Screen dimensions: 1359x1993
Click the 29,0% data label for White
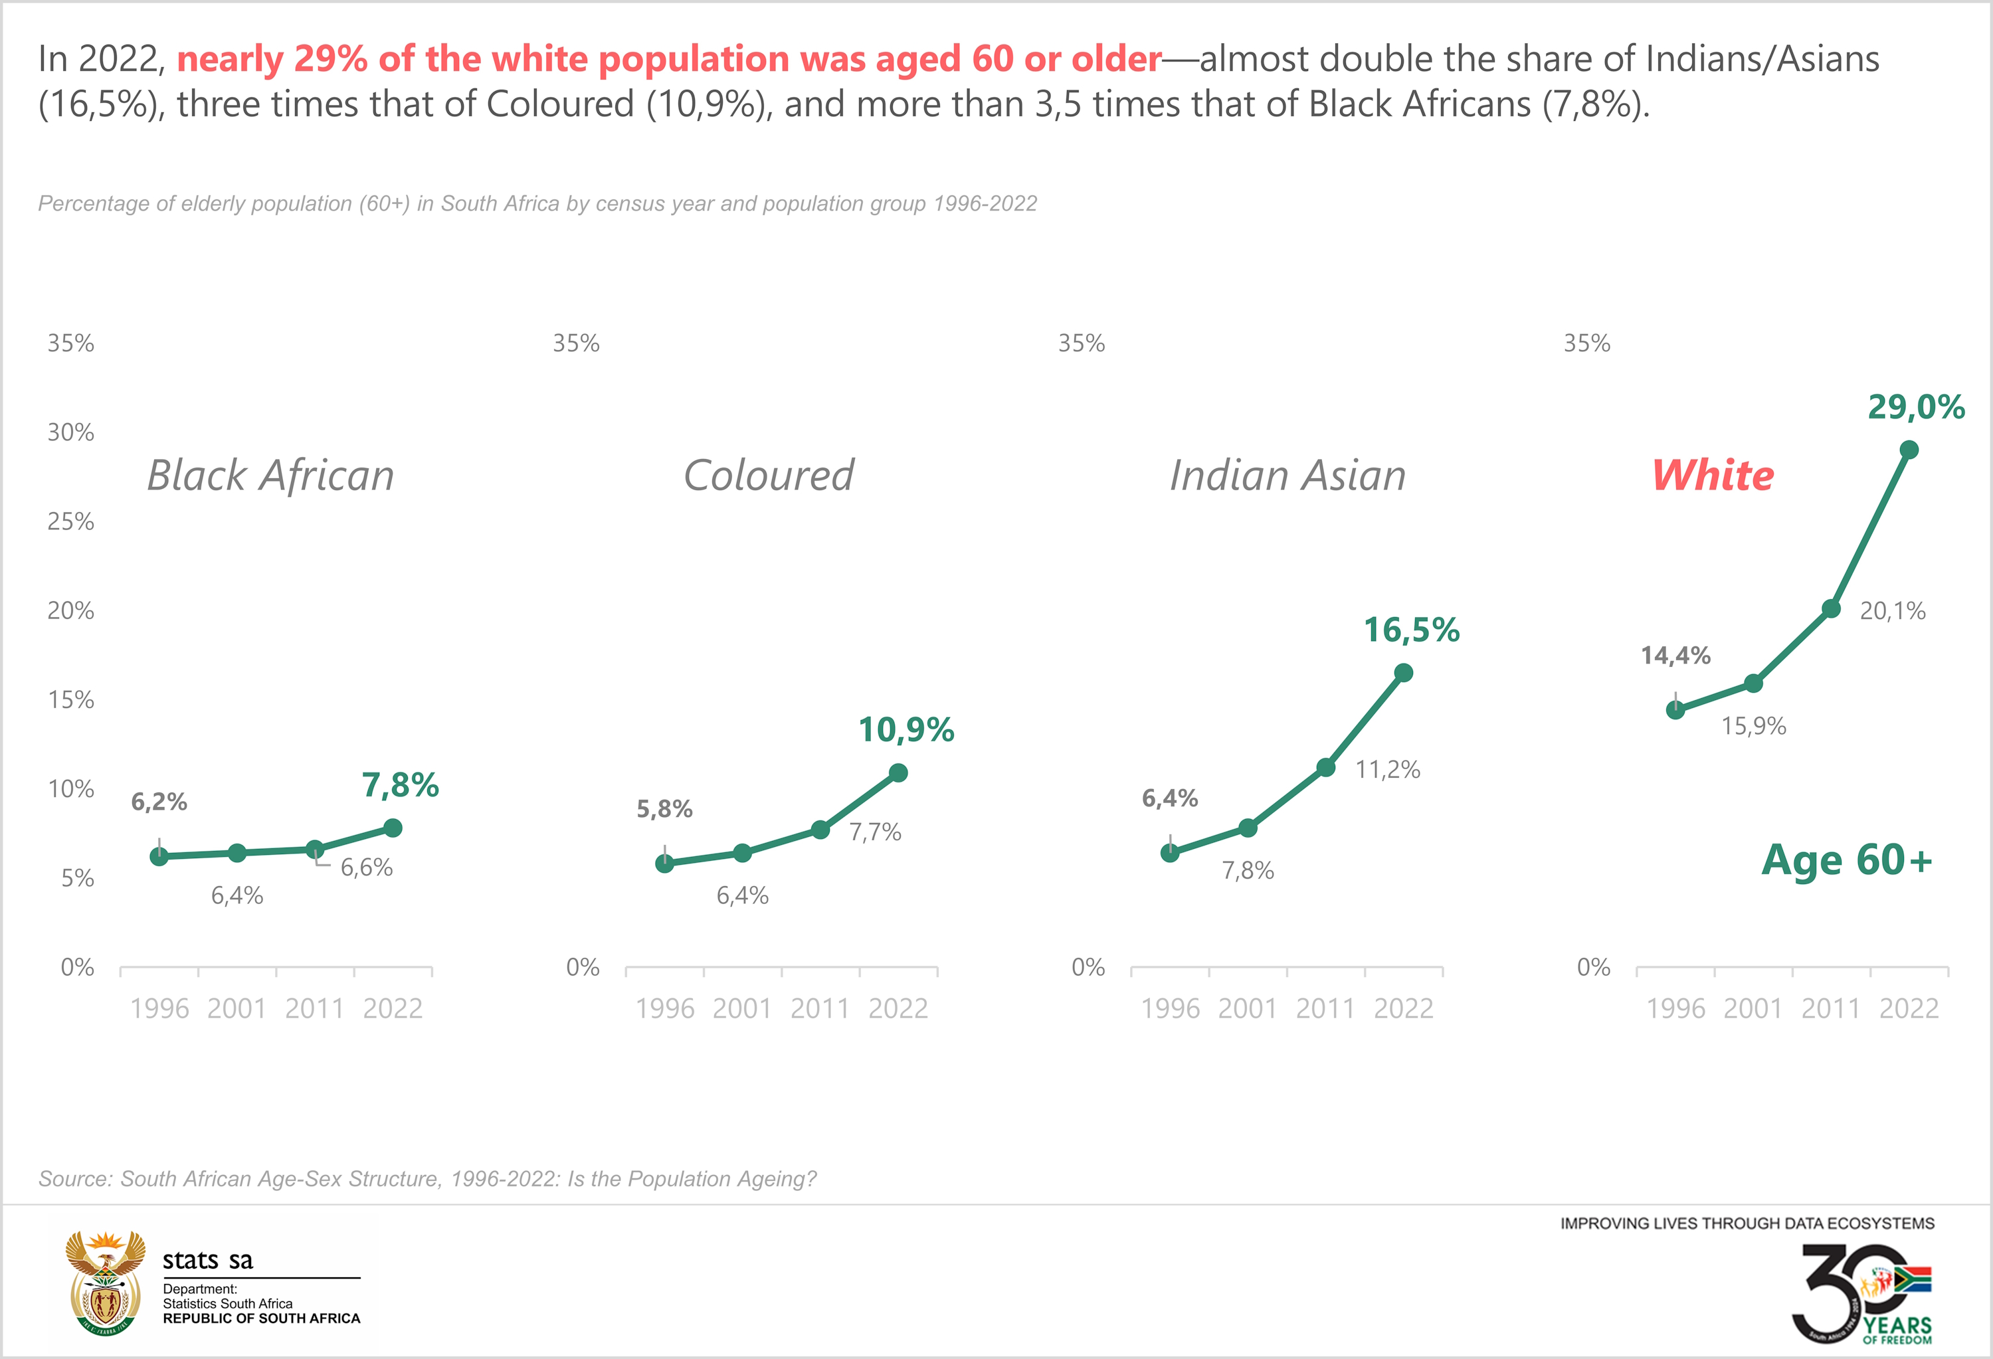tap(1916, 407)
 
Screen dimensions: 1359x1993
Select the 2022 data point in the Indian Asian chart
tap(1404, 673)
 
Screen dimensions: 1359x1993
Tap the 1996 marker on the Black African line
tap(159, 857)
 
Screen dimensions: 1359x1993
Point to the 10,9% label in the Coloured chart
tap(906, 730)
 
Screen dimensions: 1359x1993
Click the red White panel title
tap(1713, 475)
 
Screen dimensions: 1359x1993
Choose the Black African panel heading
tap(270, 475)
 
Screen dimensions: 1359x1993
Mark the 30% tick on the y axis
tap(71, 432)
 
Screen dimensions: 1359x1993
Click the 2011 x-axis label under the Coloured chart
tap(820, 1008)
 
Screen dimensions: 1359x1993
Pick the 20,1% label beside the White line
tap(1892, 611)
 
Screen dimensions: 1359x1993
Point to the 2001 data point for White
tap(1754, 683)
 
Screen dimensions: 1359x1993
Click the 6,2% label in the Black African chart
tap(159, 802)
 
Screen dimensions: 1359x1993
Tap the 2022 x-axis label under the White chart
tap(1909, 1008)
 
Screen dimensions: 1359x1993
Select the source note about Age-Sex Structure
tap(427, 1179)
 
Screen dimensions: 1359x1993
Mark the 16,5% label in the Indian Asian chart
tap(1412, 630)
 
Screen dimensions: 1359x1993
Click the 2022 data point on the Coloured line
tap(898, 773)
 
